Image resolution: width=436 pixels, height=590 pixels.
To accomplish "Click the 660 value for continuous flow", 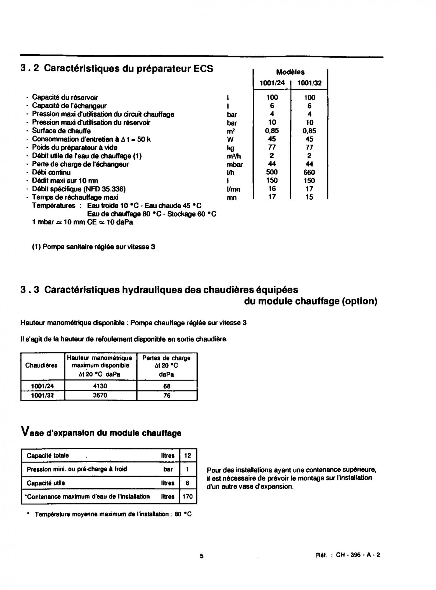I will coord(309,172).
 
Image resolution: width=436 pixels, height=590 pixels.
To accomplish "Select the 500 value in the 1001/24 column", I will coord(272,172).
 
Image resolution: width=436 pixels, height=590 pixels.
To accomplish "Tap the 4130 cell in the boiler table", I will coord(100,386).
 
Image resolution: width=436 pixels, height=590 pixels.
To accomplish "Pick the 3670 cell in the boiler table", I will coord(100,395).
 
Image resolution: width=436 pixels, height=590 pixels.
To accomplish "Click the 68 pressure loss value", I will coord(167,386).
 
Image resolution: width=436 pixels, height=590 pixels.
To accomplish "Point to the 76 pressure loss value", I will coord(167,395).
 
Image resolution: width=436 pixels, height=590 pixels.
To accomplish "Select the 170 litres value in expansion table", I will coord(187,496).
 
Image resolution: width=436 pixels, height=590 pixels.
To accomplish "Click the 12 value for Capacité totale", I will coord(187,455).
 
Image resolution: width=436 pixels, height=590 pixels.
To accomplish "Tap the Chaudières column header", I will coord(41,366).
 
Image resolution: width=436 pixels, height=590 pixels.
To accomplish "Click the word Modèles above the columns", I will coord(290,72).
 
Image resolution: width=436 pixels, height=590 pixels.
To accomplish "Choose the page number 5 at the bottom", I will coord(202,556).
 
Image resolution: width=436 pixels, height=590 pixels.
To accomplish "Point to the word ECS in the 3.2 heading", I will coord(203,68).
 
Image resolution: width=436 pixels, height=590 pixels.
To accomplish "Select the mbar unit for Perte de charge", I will coord(235,165).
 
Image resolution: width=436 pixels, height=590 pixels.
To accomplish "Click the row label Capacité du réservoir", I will coord(65,97).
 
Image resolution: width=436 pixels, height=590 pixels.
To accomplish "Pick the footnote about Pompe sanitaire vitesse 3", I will coord(94,247).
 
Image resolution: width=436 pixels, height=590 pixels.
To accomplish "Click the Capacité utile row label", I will coord(46,483).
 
